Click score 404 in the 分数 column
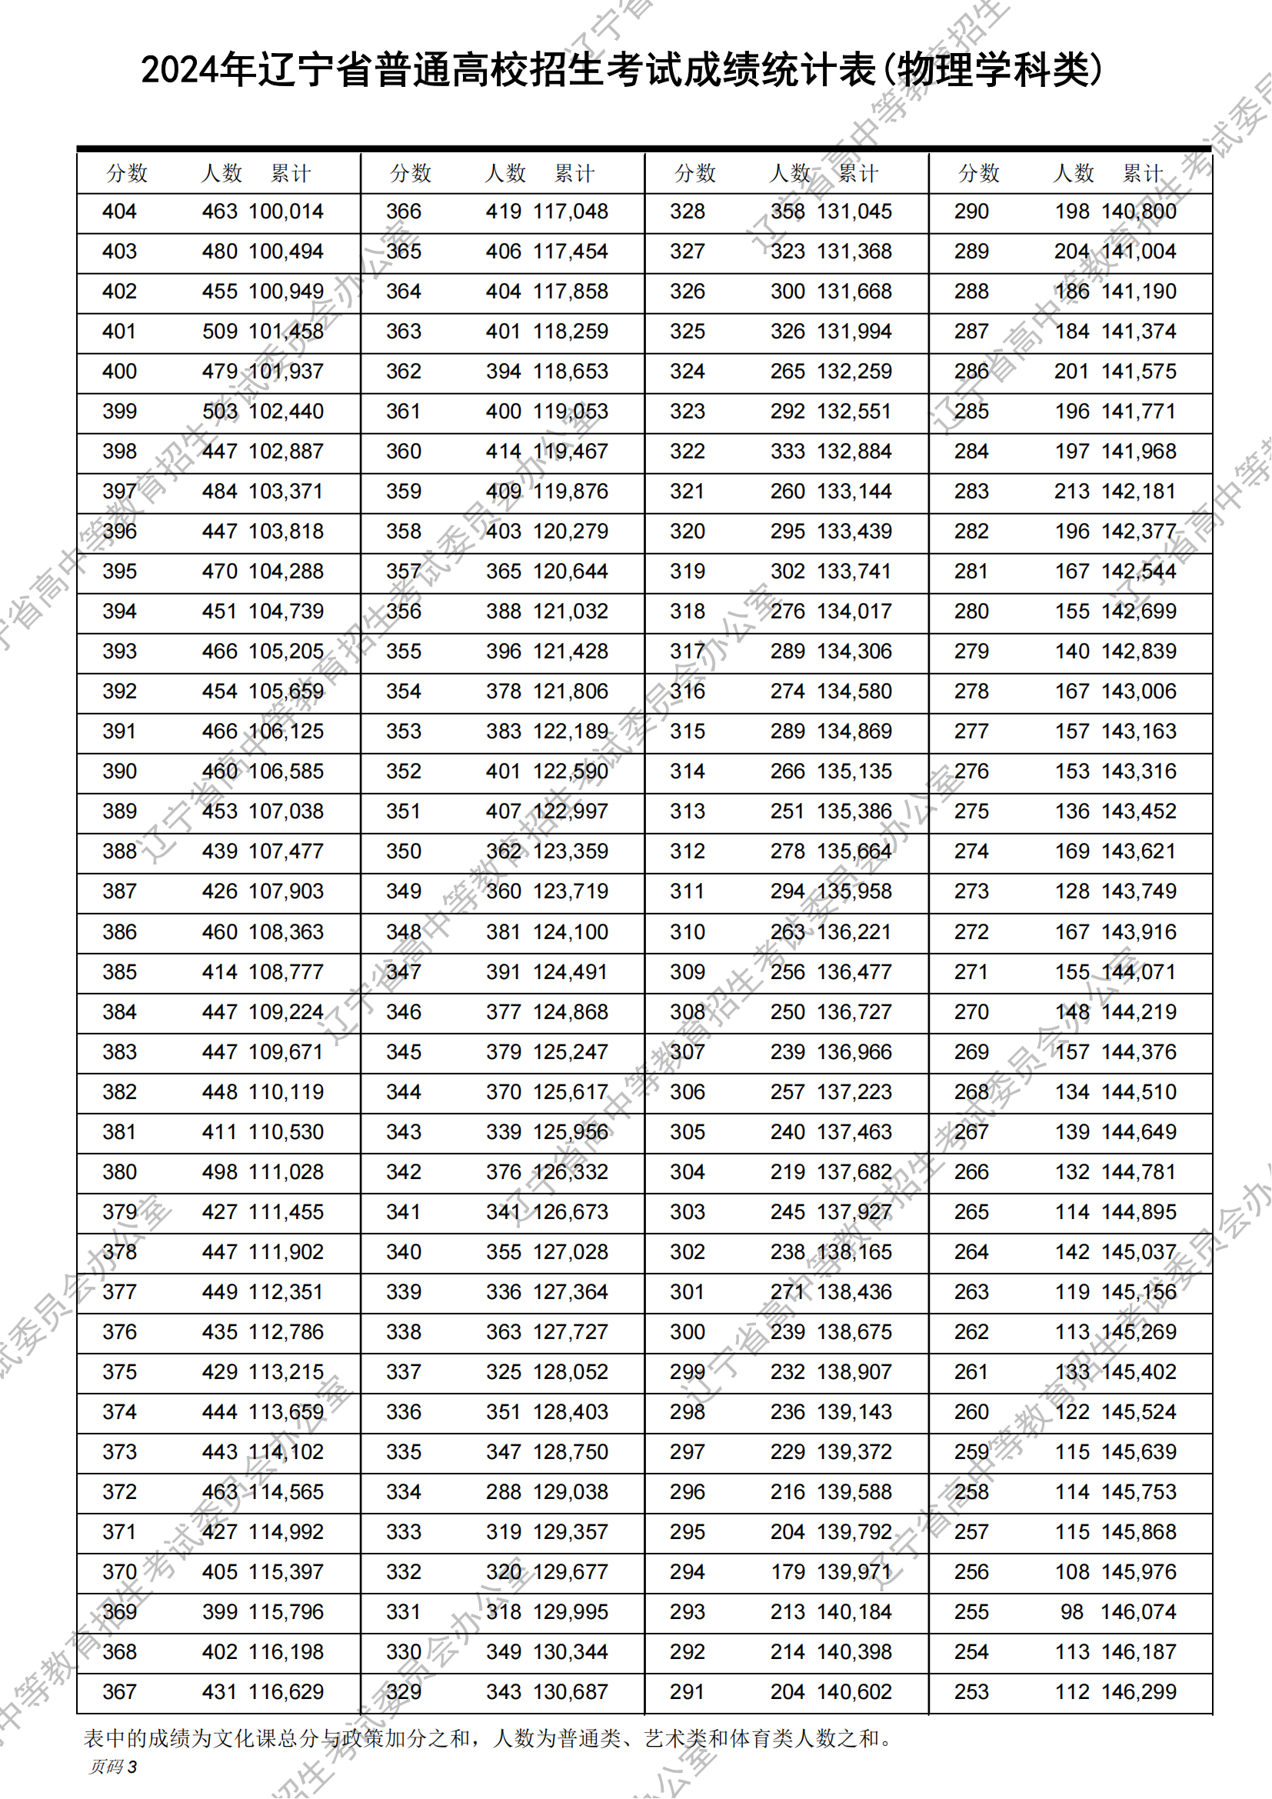click(x=119, y=212)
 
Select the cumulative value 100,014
click(x=286, y=212)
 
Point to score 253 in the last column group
click(x=971, y=1691)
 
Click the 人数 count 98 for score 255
click(x=1071, y=1612)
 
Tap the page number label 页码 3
click(x=114, y=1766)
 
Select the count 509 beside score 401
click(x=219, y=331)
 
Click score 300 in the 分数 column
click(x=687, y=1331)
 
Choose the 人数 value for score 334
click(x=503, y=1491)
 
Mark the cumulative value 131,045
click(x=854, y=212)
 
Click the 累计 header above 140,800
click(x=1142, y=173)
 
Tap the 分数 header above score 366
click(x=411, y=173)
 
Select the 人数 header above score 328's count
click(x=790, y=173)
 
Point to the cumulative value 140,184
click(x=854, y=1612)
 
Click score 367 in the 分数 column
click(x=119, y=1691)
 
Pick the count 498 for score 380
click(x=219, y=1171)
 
